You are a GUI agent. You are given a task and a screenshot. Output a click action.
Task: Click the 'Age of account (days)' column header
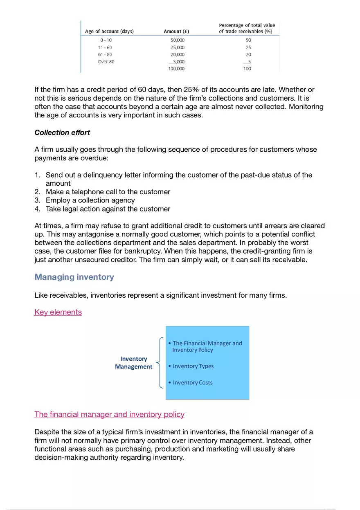pos(109,31)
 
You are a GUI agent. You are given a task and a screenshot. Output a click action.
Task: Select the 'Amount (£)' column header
pos(176,31)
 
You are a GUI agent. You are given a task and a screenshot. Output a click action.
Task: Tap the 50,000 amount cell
pos(177,40)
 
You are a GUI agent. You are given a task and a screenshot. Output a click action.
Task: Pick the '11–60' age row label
pos(106,47)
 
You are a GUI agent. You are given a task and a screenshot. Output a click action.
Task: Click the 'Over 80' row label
pos(106,62)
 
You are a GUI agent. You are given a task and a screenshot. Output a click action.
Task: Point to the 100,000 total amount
pos(176,69)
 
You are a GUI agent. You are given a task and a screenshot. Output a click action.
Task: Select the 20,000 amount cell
pos(177,54)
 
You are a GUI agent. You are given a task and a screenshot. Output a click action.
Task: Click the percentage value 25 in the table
pos(248,47)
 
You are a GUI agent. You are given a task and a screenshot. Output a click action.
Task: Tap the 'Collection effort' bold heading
pos(62,133)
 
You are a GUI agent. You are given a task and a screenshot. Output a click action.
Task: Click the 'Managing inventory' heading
pos(74,277)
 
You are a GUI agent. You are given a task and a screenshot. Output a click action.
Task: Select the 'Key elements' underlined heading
pos(58,312)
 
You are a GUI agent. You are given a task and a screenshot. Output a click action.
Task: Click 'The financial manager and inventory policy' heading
pos(109,414)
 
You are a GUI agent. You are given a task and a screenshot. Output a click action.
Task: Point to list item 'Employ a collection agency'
pos(90,200)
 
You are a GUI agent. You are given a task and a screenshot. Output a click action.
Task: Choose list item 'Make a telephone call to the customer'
pos(108,192)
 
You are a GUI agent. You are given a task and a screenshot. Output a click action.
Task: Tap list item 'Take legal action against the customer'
pos(108,209)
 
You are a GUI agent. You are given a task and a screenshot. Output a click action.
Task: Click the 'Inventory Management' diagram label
pos(133,363)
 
